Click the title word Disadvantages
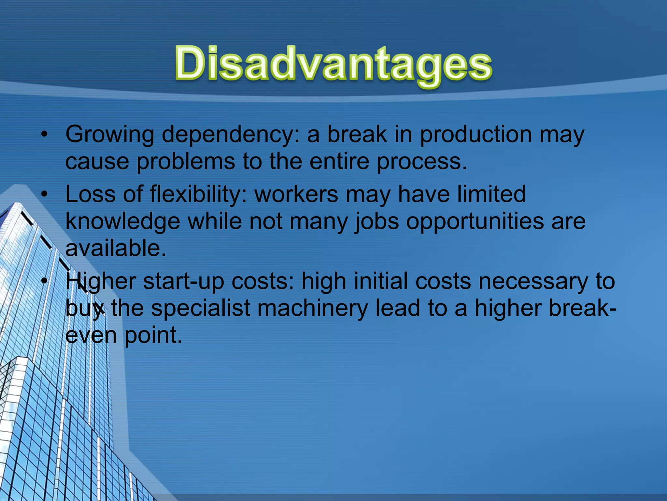333,64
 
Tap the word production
475,135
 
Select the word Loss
90,194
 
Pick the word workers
296,194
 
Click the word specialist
201,308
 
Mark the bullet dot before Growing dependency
45,134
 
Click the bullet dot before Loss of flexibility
45,194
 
